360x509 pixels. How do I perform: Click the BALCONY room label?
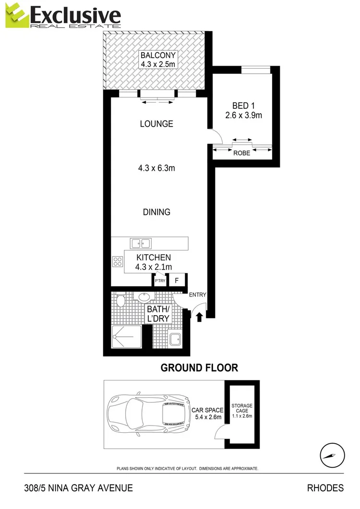click(155, 55)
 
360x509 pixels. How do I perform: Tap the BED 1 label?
click(240, 106)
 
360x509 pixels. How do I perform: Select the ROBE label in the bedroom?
click(241, 154)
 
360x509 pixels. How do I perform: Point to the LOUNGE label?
click(156, 124)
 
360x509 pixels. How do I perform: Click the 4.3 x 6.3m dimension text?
click(156, 168)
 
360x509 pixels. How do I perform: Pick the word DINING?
click(156, 212)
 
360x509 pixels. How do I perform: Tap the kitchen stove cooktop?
click(118, 261)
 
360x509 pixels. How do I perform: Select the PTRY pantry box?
click(160, 280)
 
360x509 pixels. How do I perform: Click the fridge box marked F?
click(177, 280)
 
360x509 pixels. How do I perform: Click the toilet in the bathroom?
click(120, 301)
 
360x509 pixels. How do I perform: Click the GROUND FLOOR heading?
click(199, 368)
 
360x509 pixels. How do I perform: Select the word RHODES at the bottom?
click(325, 488)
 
